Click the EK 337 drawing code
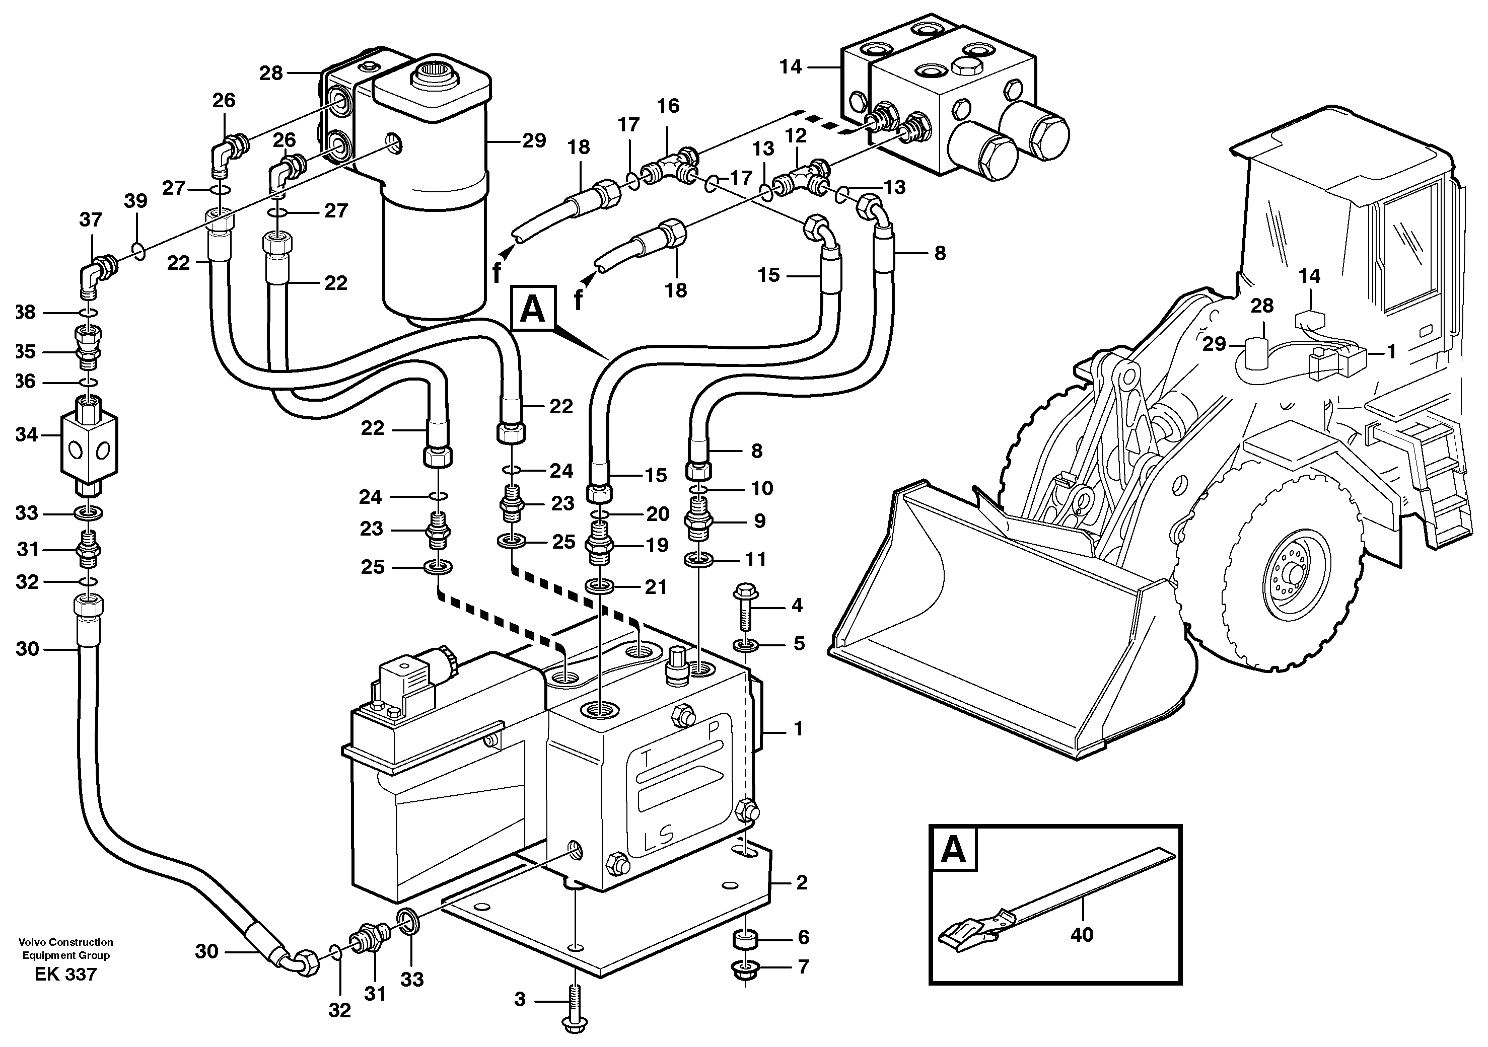(65, 975)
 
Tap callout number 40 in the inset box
(1082, 934)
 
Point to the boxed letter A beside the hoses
(533, 309)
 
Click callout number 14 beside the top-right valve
(791, 67)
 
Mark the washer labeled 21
(600, 587)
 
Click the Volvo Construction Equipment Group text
(65, 948)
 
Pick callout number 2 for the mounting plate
(802, 882)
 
